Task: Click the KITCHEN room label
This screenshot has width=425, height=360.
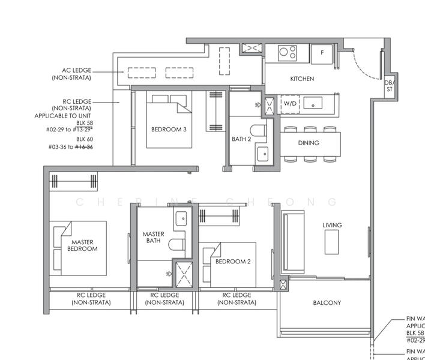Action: click(302, 79)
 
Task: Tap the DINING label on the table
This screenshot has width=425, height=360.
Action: click(308, 143)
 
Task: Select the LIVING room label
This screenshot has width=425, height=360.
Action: click(332, 226)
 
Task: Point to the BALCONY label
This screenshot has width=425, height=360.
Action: click(327, 303)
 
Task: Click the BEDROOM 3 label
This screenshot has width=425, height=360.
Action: click(168, 129)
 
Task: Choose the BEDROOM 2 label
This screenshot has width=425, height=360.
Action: click(233, 262)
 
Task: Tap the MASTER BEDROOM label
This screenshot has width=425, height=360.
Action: click(82, 245)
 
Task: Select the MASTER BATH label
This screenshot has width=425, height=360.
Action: click(153, 238)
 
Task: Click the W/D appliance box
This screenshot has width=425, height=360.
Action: click(290, 104)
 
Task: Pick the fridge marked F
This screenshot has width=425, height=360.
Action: click(322, 53)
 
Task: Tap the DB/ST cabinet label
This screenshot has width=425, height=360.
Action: click(390, 86)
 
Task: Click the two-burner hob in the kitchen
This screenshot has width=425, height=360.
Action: click(287, 53)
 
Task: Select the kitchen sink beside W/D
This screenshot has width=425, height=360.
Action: click(313, 104)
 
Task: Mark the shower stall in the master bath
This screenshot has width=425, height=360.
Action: click(182, 274)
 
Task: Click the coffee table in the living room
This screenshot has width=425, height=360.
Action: click(333, 242)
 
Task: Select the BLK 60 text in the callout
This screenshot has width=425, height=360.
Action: click(85, 139)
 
